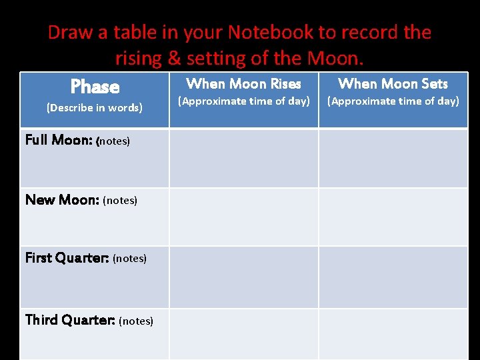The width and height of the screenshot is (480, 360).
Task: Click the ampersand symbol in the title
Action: pyautogui.click(x=175, y=58)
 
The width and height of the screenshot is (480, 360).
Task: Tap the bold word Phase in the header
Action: pyautogui.click(x=95, y=87)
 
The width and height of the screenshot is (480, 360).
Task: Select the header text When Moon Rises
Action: pyautogui.click(x=243, y=84)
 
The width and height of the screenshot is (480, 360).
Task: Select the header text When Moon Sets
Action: pyautogui.click(x=393, y=84)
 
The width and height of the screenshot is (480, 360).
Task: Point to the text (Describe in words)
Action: pyautogui.click(x=94, y=107)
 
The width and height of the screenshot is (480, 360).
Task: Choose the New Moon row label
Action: pyautogui.click(x=62, y=199)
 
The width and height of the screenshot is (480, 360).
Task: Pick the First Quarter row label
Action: pyautogui.click(x=67, y=257)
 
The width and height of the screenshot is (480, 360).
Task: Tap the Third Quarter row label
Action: pyautogui.click(x=70, y=320)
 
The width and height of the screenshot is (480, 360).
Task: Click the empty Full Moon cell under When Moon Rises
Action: pyautogui.click(x=243, y=158)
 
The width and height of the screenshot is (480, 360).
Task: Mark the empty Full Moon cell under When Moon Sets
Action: pyautogui.click(x=393, y=158)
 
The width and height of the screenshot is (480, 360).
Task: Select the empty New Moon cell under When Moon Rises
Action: pyautogui.click(x=243, y=217)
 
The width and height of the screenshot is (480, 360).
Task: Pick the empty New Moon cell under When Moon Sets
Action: pyautogui.click(x=393, y=217)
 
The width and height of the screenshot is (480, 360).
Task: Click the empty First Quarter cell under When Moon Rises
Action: pyautogui.click(x=243, y=277)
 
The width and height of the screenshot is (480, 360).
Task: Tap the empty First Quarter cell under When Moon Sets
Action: pyautogui.click(x=393, y=277)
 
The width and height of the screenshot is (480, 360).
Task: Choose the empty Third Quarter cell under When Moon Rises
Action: pyautogui.click(x=243, y=334)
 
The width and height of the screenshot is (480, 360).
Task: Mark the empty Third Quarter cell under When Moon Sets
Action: pyautogui.click(x=393, y=334)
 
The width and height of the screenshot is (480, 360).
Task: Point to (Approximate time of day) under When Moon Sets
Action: pyautogui.click(x=393, y=101)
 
